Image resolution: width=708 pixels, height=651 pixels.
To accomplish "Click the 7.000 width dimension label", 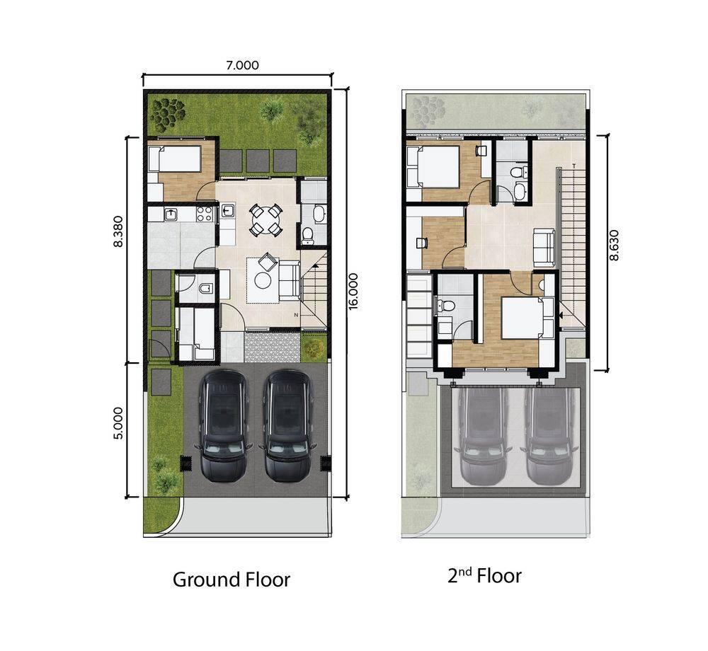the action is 242,65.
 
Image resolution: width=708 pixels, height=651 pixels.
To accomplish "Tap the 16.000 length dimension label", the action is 353,291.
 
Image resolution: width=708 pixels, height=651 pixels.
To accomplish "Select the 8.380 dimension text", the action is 118,231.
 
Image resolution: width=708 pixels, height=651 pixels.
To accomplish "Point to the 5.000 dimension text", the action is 118,423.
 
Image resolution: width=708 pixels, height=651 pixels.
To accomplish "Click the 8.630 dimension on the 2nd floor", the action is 614,246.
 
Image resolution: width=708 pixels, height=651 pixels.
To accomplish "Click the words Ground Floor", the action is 232,580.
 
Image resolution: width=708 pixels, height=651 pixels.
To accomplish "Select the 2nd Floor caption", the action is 484,576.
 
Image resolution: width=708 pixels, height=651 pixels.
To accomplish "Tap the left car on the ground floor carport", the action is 224,425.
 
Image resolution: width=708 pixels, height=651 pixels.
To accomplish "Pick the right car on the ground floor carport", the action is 287,425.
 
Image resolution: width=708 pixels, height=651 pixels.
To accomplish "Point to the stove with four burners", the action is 205,214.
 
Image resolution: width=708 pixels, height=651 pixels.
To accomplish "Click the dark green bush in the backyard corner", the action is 168,113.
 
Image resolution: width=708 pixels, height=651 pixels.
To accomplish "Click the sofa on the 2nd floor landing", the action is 544,248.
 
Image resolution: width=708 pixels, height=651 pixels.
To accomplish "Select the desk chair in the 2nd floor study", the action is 422,243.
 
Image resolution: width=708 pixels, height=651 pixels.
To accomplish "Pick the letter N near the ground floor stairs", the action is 296,315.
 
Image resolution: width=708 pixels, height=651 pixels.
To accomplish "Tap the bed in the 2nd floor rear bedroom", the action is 433,165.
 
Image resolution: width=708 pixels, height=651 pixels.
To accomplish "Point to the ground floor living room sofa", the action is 289,281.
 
